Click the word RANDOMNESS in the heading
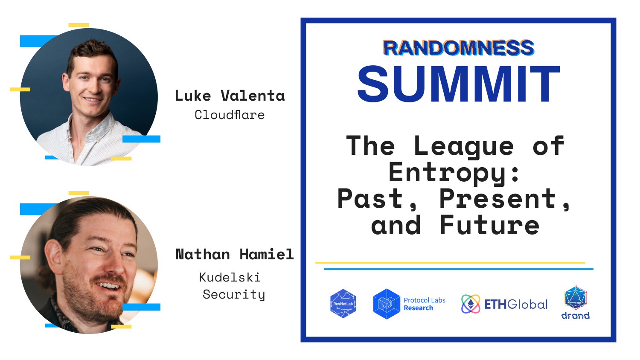coord(458,48)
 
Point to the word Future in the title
coord(489,225)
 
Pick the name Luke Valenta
coord(230,96)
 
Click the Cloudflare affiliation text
coord(230,115)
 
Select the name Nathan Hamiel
coord(234,255)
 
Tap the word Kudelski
coord(230,278)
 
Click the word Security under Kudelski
coord(233,294)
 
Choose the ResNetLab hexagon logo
coord(343,304)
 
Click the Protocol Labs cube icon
coord(386,304)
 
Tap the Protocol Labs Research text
coord(424,304)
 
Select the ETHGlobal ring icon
coord(471,304)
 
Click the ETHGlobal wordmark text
coord(516,305)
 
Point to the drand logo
coord(575,303)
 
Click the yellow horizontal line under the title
coord(450,263)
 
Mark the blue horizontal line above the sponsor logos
coord(458,269)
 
